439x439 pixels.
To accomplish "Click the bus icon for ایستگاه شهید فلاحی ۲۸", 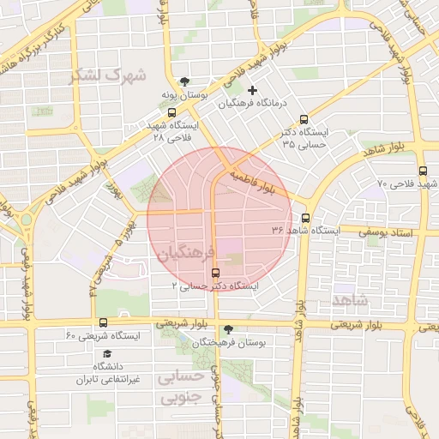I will point(172,112).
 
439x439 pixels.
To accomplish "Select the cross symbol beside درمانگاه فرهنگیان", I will point(252,91).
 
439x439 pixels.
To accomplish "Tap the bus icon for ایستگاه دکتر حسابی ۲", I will point(214,271).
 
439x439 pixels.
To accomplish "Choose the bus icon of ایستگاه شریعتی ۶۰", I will point(104,322).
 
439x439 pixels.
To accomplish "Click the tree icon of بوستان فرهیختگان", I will point(227,329).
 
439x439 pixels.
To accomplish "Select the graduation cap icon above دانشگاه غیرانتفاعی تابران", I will point(107,354).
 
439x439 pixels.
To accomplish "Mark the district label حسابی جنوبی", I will point(183,387).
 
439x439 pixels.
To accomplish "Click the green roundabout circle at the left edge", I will point(27,219).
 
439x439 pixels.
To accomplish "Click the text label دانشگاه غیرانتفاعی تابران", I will point(108,373).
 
